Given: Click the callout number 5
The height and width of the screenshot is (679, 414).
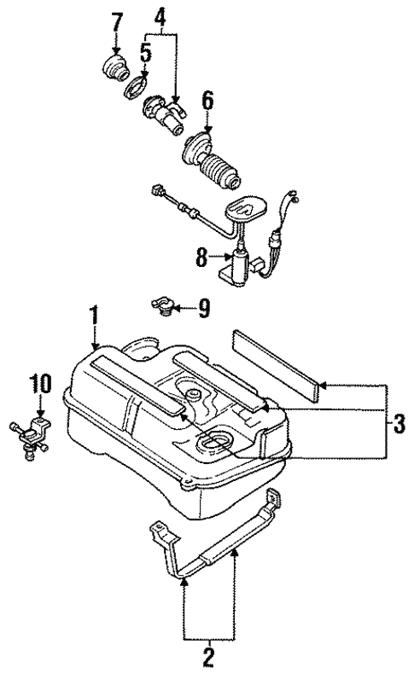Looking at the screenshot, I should pyautogui.click(x=144, y=53).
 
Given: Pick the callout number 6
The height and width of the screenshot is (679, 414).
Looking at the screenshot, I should pyautogui.click(x=207, y=101).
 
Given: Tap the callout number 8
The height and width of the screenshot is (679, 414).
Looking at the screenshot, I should pyautogui.click(x=201, y=257).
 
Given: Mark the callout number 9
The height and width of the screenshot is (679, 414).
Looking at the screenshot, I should pyautogui.click(x=203, y=307).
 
